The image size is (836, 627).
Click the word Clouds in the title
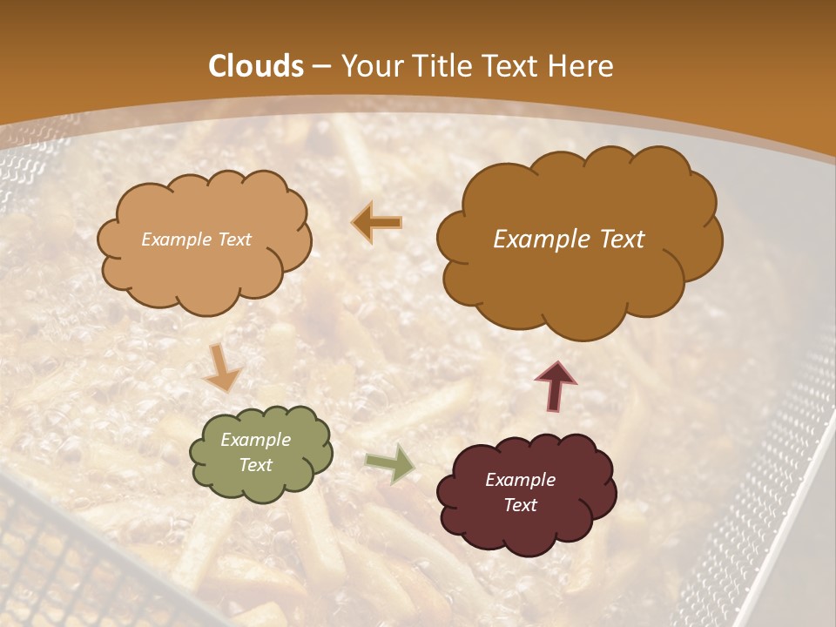click(x=256, y=66)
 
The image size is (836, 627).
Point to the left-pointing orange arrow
click(x=377, y=224)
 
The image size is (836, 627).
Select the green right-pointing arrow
click(x=389, y=463)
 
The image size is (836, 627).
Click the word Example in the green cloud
click(x=255, y=440)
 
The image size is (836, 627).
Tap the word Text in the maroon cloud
click(x=520, y=505)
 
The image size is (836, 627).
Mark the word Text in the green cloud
click(x=255, y=465)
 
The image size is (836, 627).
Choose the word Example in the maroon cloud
click(x=520, y=480)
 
